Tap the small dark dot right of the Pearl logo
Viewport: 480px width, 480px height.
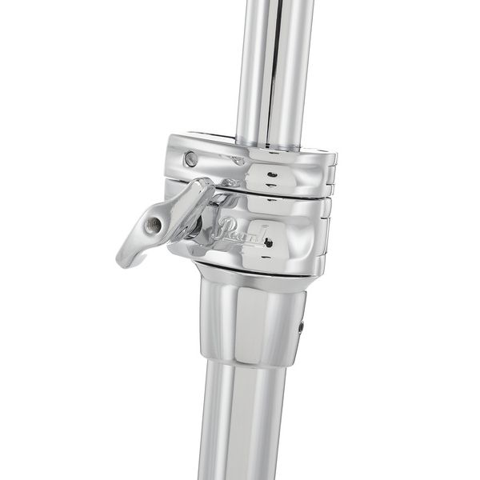click(266, 240)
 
